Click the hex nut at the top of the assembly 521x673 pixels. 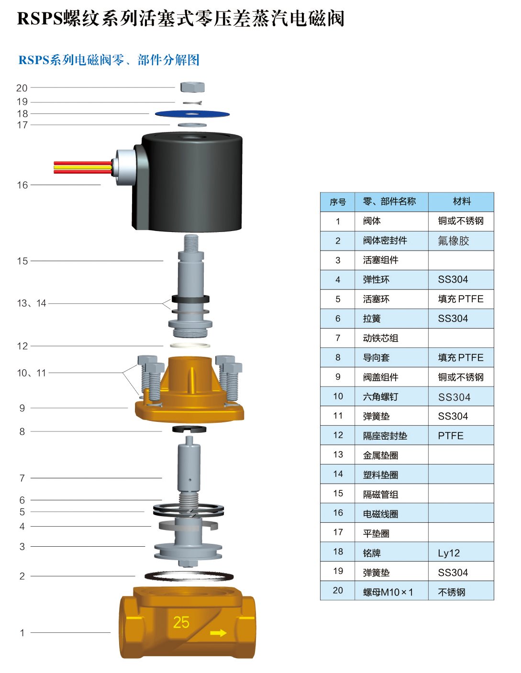pos(192,87)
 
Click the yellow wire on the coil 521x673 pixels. pos(83,167)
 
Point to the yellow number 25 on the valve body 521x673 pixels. pos(181,622)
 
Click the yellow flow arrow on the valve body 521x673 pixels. pos(218,633)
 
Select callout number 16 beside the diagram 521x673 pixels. pos(22,185)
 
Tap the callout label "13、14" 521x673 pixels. pos(32,303)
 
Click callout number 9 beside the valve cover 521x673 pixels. pos(22,408)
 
